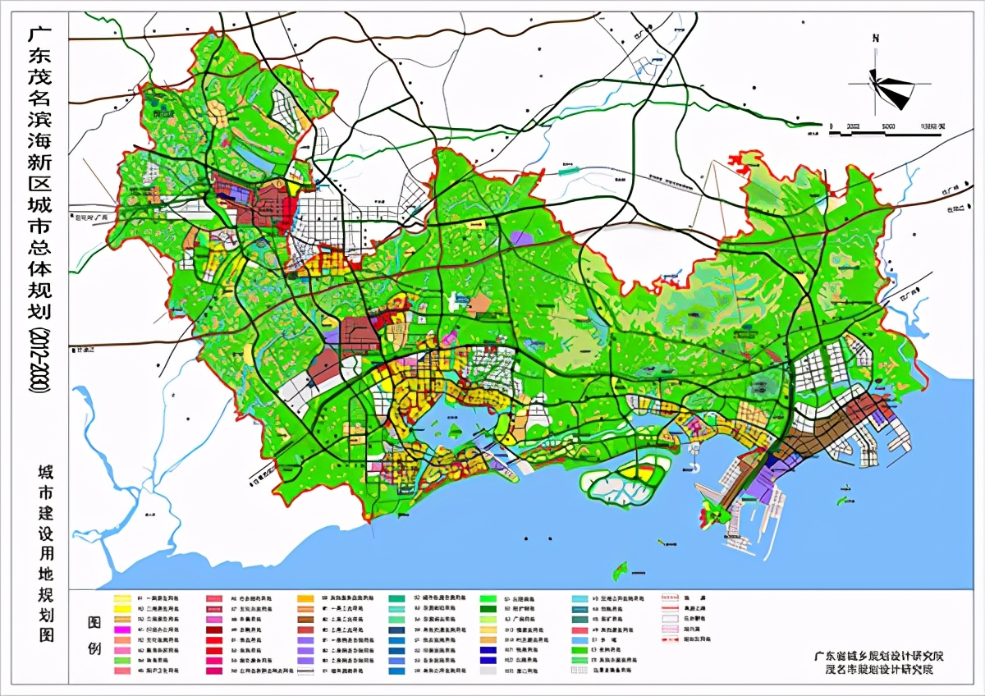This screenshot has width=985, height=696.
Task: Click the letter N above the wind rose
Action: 877,38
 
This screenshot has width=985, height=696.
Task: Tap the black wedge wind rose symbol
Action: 890,89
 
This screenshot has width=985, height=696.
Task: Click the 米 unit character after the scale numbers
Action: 941,126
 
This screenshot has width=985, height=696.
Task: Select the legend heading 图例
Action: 94,637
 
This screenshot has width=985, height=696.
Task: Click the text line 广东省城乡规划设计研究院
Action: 879,656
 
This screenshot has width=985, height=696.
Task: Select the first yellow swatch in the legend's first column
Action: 123,599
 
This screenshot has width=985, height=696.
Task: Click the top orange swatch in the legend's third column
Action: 305,599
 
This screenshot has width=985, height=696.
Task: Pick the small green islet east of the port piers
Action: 843,499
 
